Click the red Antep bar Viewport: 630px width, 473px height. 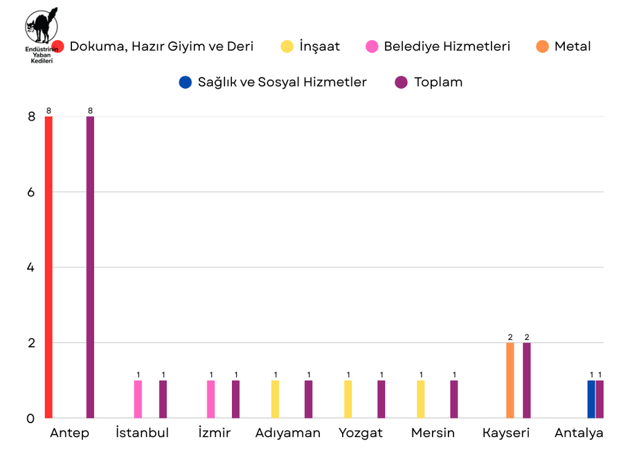(48, 267)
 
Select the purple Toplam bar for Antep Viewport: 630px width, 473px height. (90, 267)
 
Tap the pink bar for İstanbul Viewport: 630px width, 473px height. (138, 400)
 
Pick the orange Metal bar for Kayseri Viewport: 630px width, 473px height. (510, 380)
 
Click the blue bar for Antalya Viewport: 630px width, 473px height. (591, 400)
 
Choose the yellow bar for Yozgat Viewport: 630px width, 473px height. (348, 400)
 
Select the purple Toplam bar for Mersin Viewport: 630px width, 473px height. (454, 400)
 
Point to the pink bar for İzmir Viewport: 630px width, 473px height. (211, 400)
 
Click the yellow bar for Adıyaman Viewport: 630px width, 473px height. (276, 400)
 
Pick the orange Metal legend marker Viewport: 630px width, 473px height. (543, 47)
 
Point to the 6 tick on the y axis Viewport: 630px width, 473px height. (31, 192)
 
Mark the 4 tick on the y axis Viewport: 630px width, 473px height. (31, 267)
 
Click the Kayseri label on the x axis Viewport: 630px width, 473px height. (506, 434)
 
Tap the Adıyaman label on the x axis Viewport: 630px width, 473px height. (288, 434)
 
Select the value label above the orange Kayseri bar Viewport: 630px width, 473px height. (510, 337)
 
